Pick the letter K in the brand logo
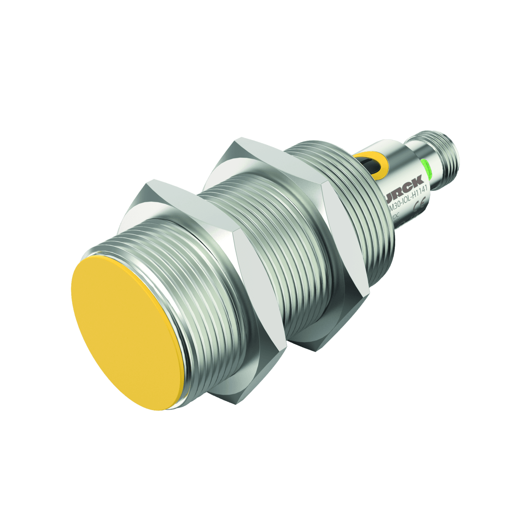coord(418,182)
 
